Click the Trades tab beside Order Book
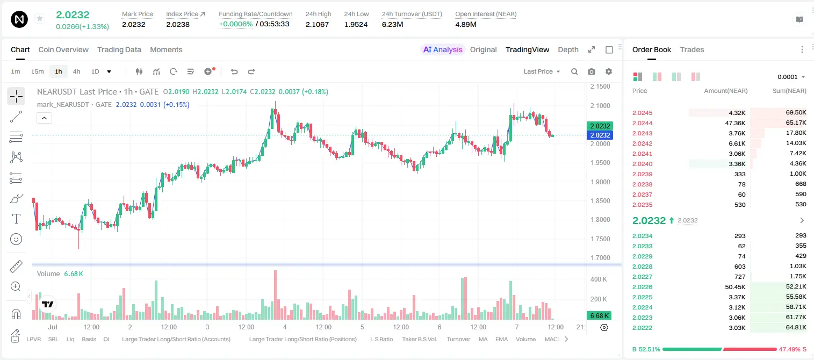click(x=692, y=49)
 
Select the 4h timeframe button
click(x=76, y=71)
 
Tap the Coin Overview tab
click(x=63, y=49)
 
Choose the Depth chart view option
click(x=568, y=49)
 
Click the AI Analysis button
click(x=443, y=49)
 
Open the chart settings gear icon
click(x=609, y=71)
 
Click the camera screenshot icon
click(x=592, y=71)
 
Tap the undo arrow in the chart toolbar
click(x=234, y=71)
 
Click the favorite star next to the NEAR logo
click(x=40, y=18)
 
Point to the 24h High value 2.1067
click(x=317, y=24)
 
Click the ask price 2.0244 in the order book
click(x=642, y=123)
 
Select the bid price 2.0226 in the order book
click(x=642, y=287)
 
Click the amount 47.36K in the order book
click(x=735, y=123)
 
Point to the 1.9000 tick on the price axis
click(x=600, y=182)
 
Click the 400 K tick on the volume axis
click(x=599, y=279)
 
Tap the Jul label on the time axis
click(x=52, y=327)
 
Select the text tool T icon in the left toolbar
click(x=16, y=219)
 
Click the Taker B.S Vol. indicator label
click(x=419, y=339)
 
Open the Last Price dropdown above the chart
click(x=542, y=71)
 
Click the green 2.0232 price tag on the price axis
click(x=600, y=126)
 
